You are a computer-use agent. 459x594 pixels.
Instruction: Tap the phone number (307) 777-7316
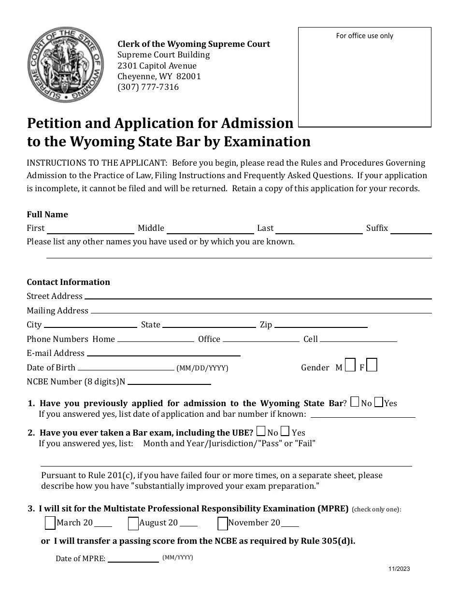point(148,87)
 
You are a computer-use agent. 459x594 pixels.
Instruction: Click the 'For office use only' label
point(365,36)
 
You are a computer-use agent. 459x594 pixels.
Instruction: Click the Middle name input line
point(210,229)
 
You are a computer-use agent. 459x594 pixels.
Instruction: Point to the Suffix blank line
point(411,229)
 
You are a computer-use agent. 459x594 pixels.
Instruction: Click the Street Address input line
point(258,296)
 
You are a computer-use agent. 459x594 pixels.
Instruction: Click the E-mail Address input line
point(164,353)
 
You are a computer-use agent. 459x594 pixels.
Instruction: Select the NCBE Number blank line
point(169,382)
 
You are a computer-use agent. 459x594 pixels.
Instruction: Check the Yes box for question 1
point(379,402)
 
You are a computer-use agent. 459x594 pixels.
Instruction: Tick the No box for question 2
point(261,431)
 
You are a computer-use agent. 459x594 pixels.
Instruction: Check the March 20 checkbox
point(50,523)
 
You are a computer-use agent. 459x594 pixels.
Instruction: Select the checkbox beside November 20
point(223,523)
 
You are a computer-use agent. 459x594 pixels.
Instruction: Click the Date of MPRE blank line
point(133,559)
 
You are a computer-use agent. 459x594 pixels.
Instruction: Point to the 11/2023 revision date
point(399,569)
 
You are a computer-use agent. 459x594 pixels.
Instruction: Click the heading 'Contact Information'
point(68,282)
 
